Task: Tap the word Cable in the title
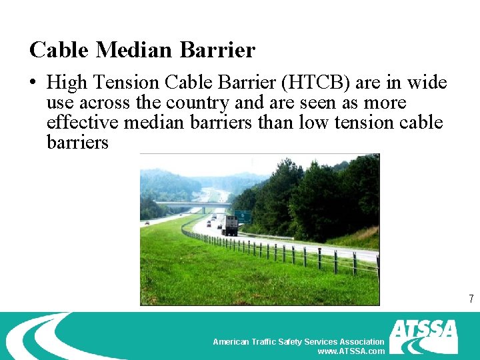(x=59, y=50)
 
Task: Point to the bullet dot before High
(x=33, y=83)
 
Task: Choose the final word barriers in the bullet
(x=77, y=143)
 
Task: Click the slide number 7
(x=471, y=299)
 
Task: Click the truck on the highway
(x=230, y=225)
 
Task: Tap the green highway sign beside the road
(x=243, y=217)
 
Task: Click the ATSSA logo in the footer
(x=424, y=336)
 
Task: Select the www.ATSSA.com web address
(x=351, y=351)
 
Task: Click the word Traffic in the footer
(x=263, y=341)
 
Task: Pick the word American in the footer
(x=230, y=341)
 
